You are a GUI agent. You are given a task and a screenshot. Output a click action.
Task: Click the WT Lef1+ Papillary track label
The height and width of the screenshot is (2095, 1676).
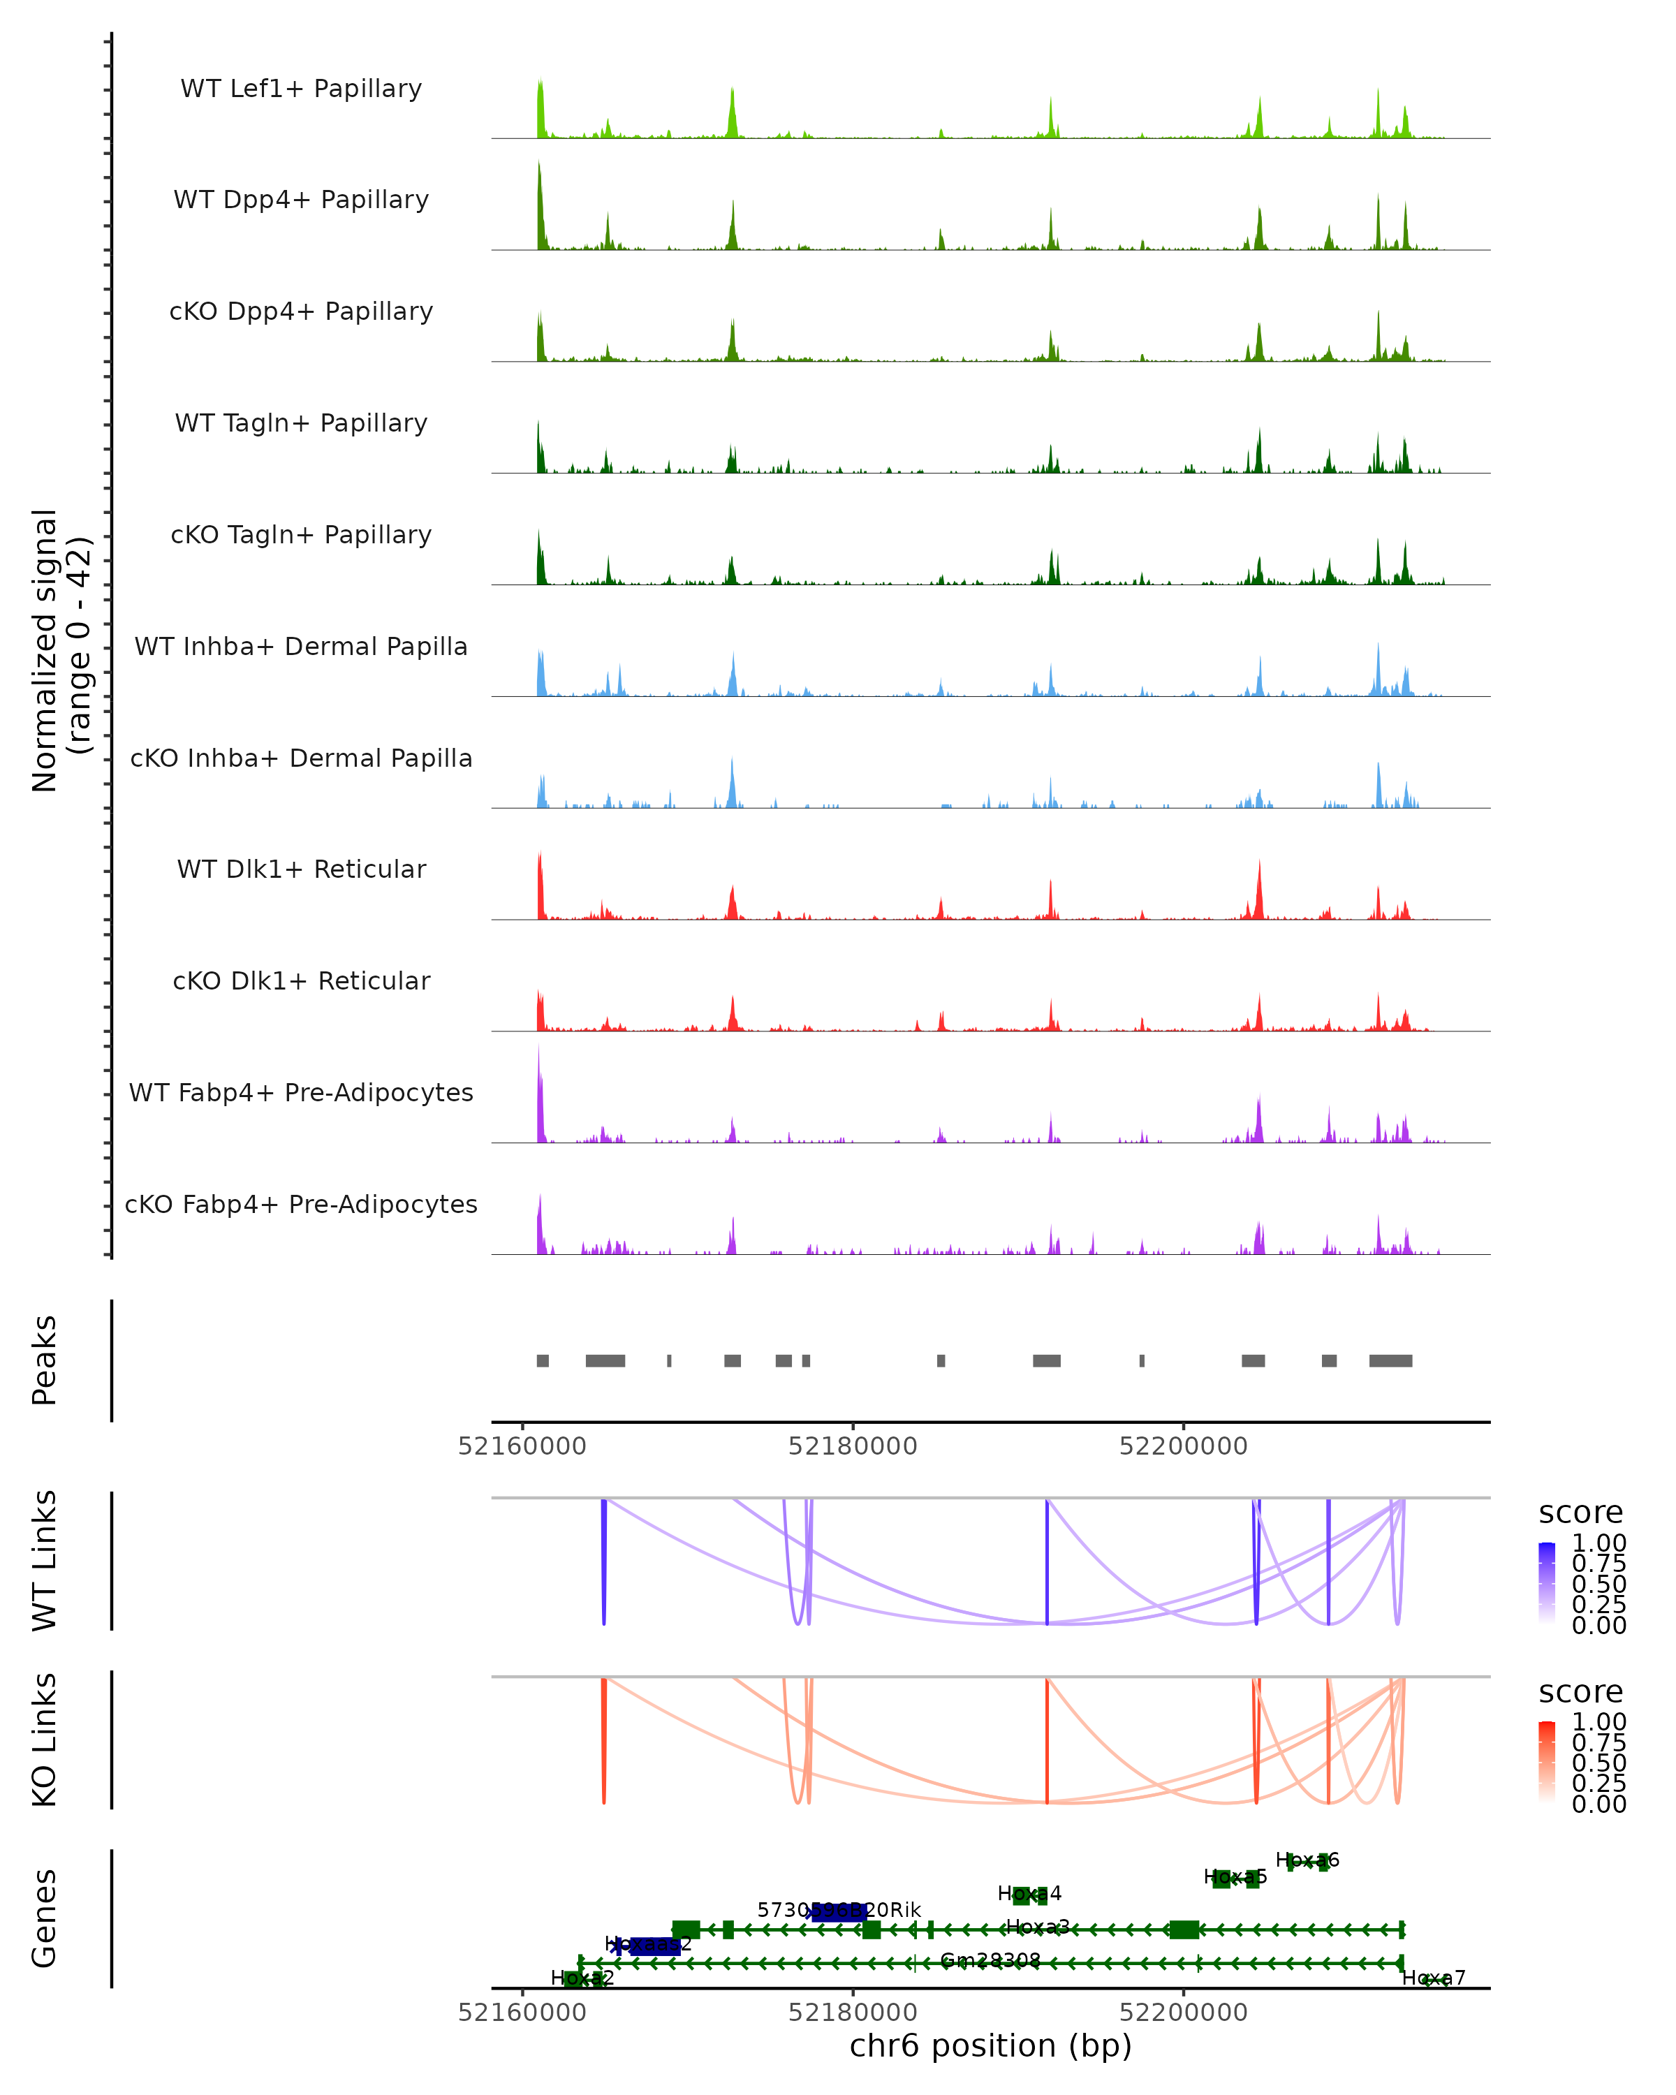(301, 89)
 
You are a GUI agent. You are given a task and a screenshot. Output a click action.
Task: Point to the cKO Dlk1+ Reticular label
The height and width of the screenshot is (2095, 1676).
(301, 980)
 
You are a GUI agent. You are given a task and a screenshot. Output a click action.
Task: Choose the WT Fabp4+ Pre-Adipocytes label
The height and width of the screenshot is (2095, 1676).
(301, 1092)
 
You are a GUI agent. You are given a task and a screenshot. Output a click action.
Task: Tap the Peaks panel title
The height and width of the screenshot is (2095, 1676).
(45, 1360)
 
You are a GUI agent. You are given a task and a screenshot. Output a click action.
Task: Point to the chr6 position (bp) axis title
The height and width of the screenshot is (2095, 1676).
(990, 2045)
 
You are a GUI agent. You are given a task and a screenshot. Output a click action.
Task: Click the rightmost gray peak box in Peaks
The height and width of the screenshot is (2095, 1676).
(1390, 1360)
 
